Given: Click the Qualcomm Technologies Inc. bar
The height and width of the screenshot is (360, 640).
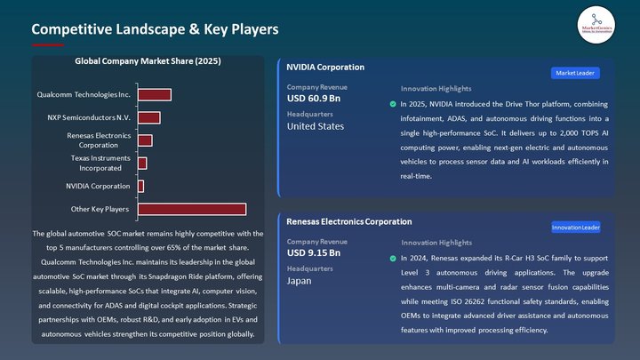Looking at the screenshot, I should point(154,94).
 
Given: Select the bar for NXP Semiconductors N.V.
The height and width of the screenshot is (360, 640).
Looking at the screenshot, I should point(148,117).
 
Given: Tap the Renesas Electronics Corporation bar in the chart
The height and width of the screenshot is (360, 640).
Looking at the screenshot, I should point(145,140).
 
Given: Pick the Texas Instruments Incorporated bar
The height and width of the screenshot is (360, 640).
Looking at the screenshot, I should point(142,164).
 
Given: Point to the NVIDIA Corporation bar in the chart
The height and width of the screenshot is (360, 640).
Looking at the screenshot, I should point(140,187).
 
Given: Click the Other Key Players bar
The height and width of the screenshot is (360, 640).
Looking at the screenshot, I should point(191,210).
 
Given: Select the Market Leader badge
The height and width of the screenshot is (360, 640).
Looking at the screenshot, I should point(575,73).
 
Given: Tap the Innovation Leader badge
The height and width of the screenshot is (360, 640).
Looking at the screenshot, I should point(575,228).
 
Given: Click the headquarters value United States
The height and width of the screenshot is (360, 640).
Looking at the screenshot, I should point(316,126).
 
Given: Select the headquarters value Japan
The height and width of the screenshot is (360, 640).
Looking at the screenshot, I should point(300,281).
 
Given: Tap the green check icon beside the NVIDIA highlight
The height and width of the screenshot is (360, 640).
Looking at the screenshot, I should point(393,104).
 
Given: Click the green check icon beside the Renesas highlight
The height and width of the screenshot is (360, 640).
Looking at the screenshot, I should point(393,259).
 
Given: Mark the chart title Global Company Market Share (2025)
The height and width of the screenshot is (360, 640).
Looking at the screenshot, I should point(148,62).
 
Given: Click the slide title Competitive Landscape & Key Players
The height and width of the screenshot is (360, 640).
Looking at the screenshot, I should point(156,30).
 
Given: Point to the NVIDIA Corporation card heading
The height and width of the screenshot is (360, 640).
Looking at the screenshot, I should point(325,68).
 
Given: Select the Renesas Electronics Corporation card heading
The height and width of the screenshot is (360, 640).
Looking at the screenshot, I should point(349,221).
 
